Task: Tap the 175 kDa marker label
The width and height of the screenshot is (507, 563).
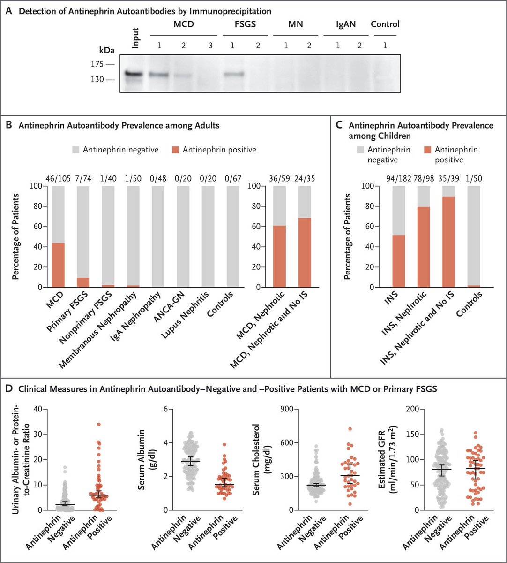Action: coord(97,64)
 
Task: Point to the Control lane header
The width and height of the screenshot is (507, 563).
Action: coord(385,24)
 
